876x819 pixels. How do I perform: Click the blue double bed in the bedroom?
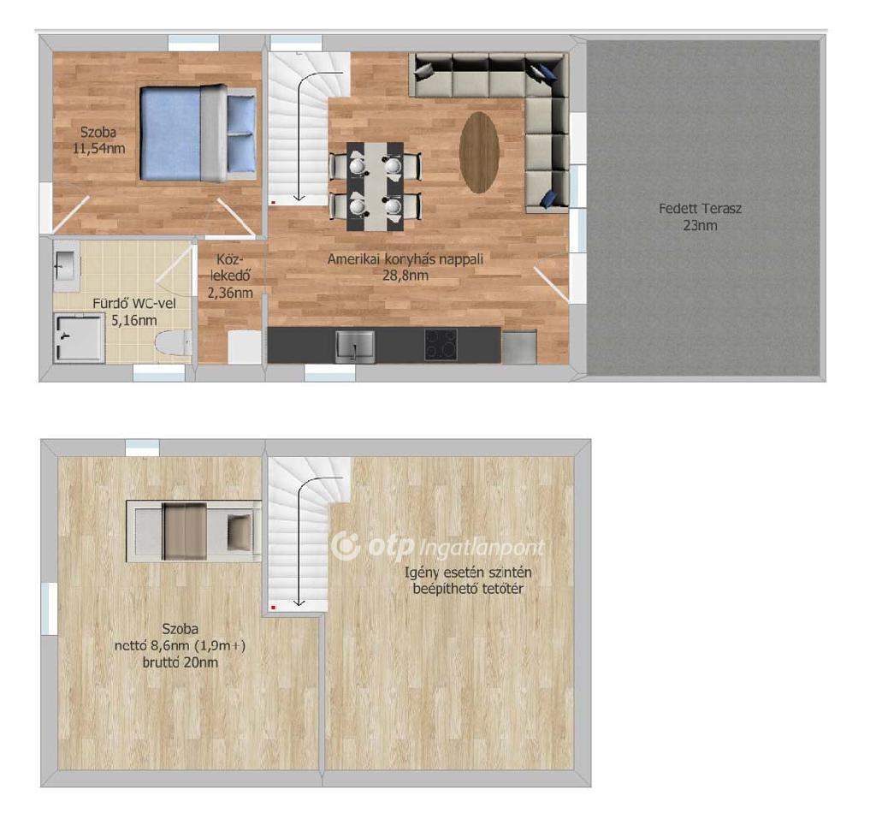198,133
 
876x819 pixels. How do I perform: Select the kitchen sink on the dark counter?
355,347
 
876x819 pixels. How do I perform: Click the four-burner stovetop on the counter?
441,344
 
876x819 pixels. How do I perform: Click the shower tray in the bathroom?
79,338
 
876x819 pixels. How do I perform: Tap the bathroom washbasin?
67,265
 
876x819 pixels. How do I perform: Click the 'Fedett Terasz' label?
700,209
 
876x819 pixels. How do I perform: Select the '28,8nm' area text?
405,276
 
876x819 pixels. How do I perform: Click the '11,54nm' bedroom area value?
98,149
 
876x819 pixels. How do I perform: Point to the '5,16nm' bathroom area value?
134,321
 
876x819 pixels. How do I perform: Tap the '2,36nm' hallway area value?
230,293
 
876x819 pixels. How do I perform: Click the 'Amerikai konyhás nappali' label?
405,258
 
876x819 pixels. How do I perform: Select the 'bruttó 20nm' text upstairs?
181,663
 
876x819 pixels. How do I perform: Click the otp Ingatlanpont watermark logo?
437,546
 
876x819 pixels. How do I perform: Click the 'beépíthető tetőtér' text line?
468,590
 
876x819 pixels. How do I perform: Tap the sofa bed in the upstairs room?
193,531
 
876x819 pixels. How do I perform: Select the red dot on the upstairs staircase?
273,607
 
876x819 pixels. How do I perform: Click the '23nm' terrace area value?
700,226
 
